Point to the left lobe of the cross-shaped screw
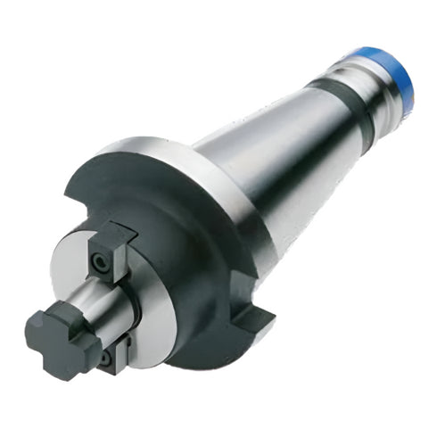click(x=36, y=323)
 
